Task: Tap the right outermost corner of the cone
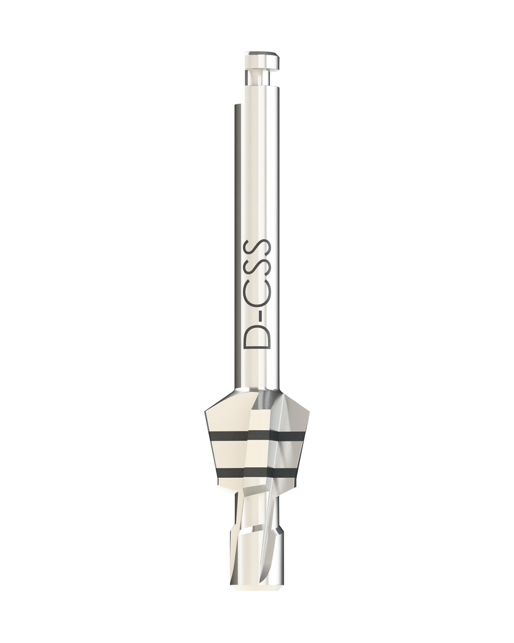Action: pyautogui.click(x=309, y=411)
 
